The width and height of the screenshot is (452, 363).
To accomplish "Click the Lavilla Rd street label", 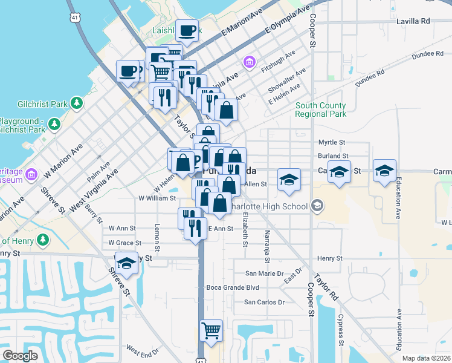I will [413, 21].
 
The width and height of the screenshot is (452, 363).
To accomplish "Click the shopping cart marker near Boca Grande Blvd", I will [211, 330].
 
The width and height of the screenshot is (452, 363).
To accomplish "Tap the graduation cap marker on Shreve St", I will [126, 263].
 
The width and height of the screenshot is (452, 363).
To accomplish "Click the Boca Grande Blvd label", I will [233, 287].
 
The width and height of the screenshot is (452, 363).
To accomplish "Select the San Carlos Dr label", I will [263, 302].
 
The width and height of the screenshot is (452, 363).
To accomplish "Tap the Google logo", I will [20, 356].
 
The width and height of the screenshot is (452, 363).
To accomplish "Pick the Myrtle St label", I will [332, 143].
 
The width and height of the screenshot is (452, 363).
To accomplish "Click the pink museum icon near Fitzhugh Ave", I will [248, 62].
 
